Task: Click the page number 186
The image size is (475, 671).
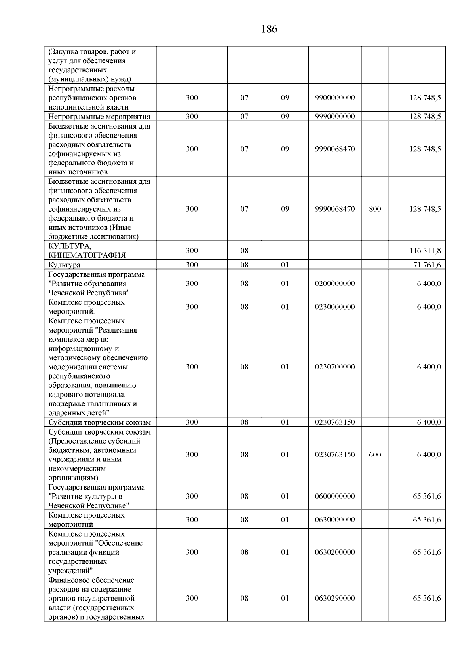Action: (x=269, y=29)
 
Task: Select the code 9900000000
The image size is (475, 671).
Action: (x=335, y=98)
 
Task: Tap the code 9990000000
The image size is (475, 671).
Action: (x=335, y=116)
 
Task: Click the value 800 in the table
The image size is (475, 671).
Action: (x=375, y=209)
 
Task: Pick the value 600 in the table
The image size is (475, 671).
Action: (x=375, y=454)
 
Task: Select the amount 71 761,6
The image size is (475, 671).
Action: (x=427, y=265)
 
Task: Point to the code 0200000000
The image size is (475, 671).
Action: (x=335, y=284)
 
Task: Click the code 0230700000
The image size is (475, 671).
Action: (x=335, y=367)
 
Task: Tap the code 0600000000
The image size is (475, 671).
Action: (x=335, y=496)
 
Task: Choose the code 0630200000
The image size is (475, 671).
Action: (x=335, y=552)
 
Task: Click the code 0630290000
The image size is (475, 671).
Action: (x=335, y=598)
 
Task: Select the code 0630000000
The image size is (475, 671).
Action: (x=335, y=520)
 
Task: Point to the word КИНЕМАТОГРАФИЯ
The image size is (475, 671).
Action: (x=87, y=255)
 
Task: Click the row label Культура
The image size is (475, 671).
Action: (x=65, y=265)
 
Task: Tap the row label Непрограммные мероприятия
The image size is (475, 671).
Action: (x=99, y=116)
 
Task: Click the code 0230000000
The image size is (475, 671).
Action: (x=335, y=307)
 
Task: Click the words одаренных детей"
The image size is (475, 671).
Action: (x=79, y=413)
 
